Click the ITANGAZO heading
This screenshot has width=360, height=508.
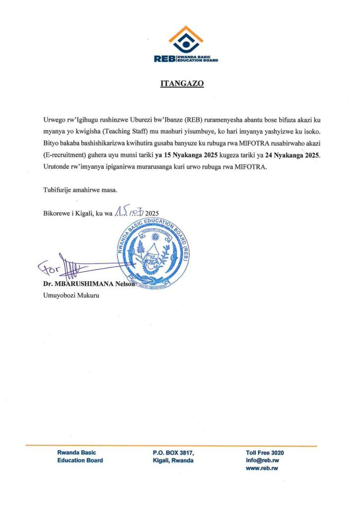[x=182, y=84]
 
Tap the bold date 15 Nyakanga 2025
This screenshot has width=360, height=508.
[x=186, y=155]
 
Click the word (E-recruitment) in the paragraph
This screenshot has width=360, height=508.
[x=65, y=155]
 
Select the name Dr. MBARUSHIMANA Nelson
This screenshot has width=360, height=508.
[x=89, y=284]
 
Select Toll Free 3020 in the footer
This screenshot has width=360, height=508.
[x=265, y=453]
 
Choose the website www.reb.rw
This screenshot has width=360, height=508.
[x=262, y=469]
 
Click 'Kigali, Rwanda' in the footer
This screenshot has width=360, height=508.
[x=173, y=461]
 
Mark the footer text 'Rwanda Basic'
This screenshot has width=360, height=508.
[x=76, y=453]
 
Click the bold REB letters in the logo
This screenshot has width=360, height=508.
[x=165, y=59]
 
